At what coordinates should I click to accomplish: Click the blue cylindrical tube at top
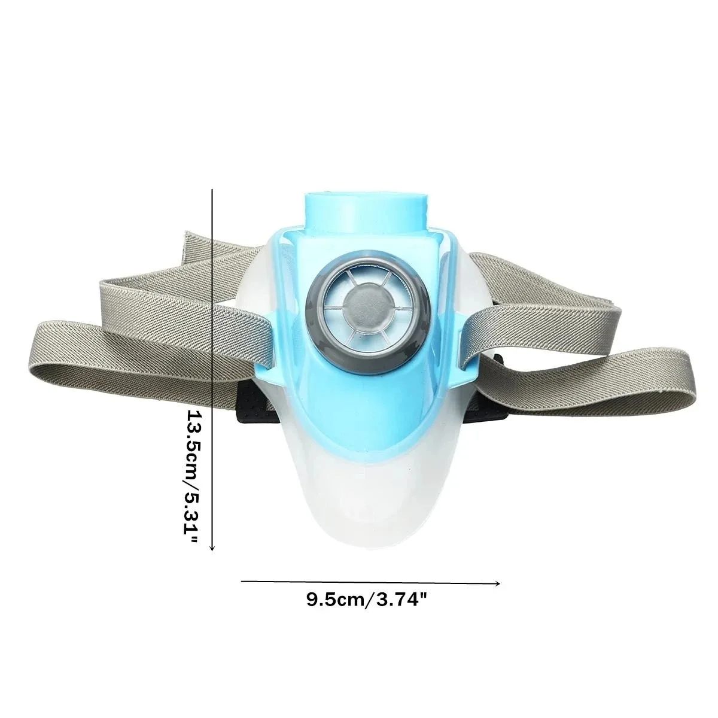pos(364,212)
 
